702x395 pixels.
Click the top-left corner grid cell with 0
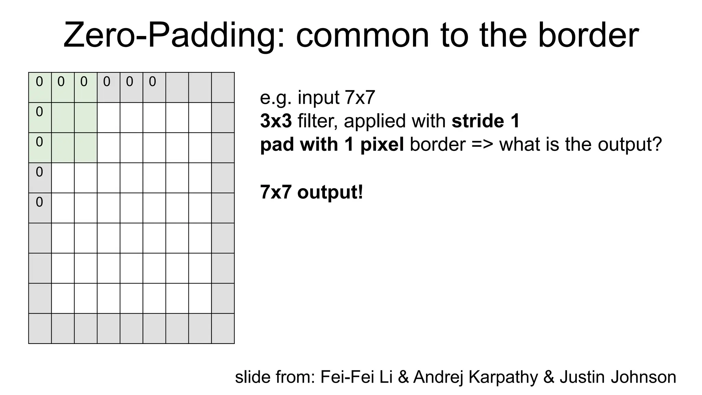pos(40,87)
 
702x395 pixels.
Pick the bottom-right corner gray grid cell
pos(223,328)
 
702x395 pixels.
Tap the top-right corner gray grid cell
pos(223,87)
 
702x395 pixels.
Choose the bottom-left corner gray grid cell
pos(40,328)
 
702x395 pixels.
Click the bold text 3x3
pos(276,121)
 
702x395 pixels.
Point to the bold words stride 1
pos(485,121)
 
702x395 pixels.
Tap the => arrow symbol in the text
pos(482,144)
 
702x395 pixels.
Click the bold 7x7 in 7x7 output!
pos(276,192)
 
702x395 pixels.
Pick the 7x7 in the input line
pos(360,98)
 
